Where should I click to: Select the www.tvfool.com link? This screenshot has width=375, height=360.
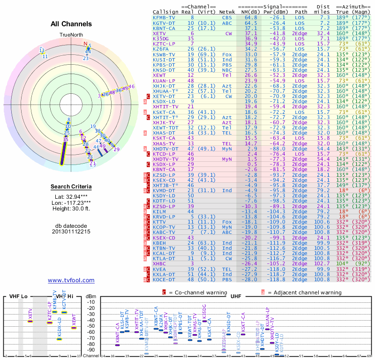(71, 280)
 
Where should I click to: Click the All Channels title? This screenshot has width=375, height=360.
(71, 24)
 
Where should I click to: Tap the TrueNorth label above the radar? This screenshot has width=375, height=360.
(71, 35)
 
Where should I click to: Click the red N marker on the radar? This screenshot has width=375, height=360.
(85, 45)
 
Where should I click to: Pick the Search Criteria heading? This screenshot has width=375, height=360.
(71, 187)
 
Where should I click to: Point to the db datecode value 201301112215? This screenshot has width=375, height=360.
(71, 232)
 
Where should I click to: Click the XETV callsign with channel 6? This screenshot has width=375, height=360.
(159, 33)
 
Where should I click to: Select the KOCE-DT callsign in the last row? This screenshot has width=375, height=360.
(164, 280)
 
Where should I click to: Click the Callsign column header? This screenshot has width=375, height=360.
(165, 12)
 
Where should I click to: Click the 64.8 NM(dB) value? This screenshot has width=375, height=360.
(250, 17)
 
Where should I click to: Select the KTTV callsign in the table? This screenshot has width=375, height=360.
(159, 222)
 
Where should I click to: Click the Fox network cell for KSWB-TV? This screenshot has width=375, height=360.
(226, 54)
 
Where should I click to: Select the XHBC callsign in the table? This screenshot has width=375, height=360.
(159, 264)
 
